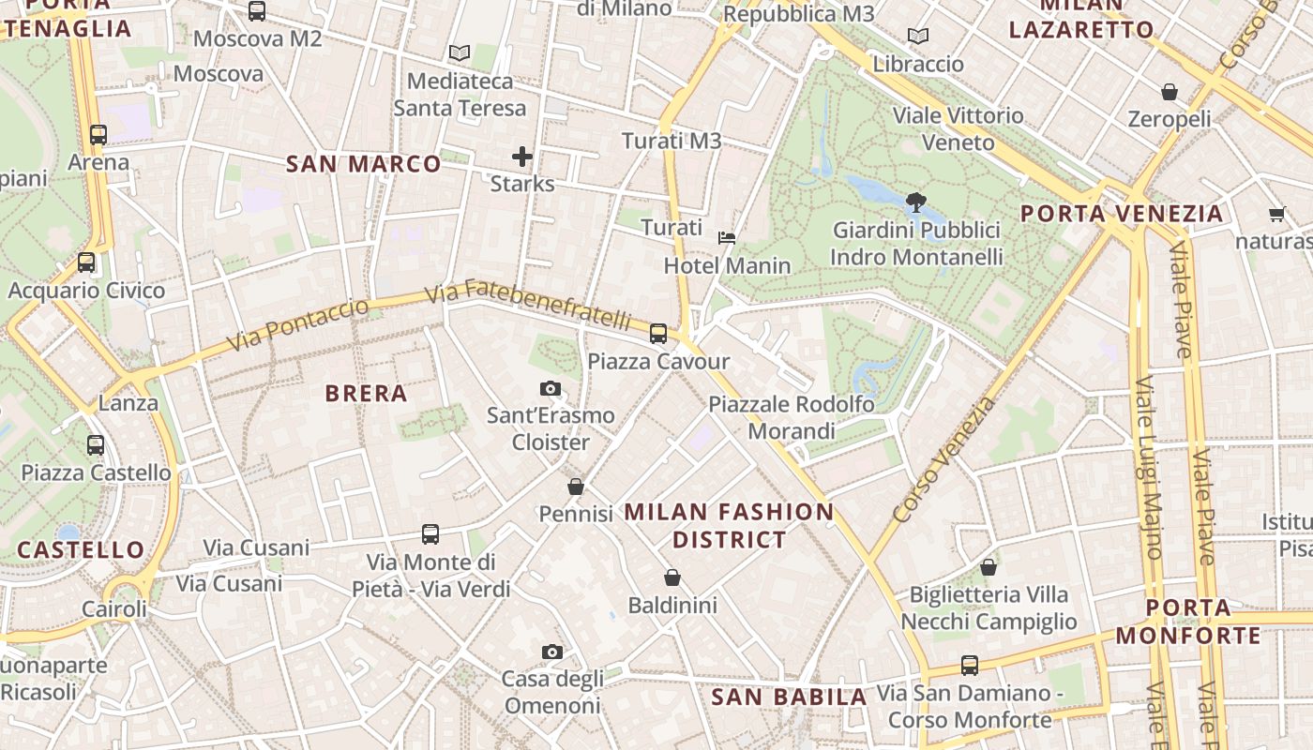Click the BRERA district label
coord(366,394)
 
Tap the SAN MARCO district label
coord(363,165)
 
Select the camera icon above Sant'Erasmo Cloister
coord(551,388)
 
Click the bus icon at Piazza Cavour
coord(658,333)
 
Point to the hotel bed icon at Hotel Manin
coord(727,238)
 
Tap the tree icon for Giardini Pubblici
coord(915,202)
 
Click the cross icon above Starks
coord(522,157)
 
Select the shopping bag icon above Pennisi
coord(576,487)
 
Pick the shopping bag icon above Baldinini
coord(672,577)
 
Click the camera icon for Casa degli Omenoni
coord(552,652)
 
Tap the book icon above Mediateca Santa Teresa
coord(459,52)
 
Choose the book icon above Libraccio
coord(918,37)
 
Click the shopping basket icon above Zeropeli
coord(1170,92)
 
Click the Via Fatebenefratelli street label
coord(527,305)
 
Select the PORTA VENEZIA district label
coord(1122,214)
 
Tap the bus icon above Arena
coord(98,134)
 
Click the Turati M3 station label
coord(672,141)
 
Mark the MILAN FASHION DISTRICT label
coord(729,525)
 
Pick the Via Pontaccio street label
coord(299,324)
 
